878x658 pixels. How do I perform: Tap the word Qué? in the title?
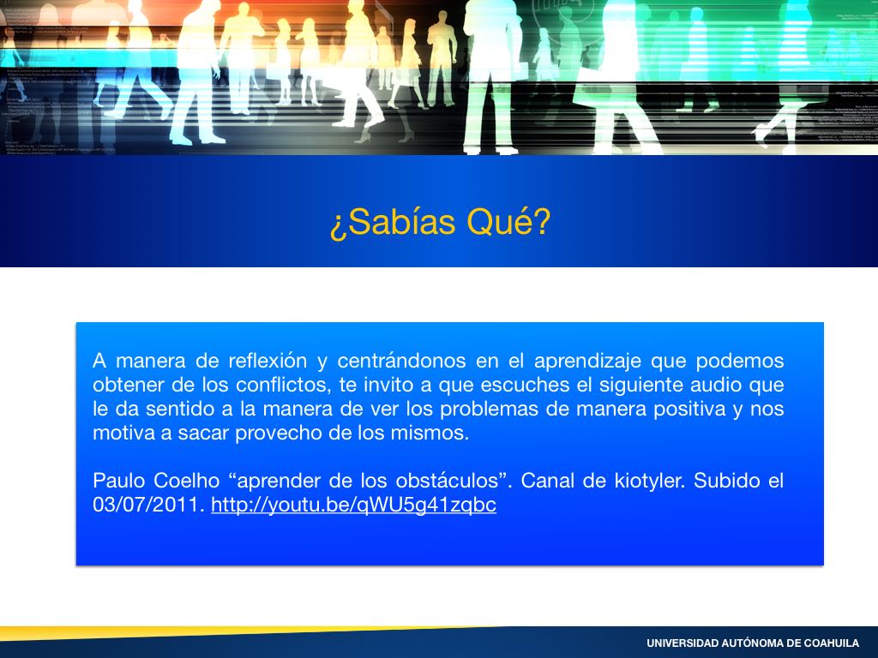(508, 222)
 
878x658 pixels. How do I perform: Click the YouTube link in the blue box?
(354, 505)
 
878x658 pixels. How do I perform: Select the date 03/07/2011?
(147, 505)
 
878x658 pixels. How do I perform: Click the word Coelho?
(186, 481)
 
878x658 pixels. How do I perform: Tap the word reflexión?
(268, 361)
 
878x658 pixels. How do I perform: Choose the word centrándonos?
(401, 361)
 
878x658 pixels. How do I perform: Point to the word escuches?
(523, 385)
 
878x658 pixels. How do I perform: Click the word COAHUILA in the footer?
(832, 643)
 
